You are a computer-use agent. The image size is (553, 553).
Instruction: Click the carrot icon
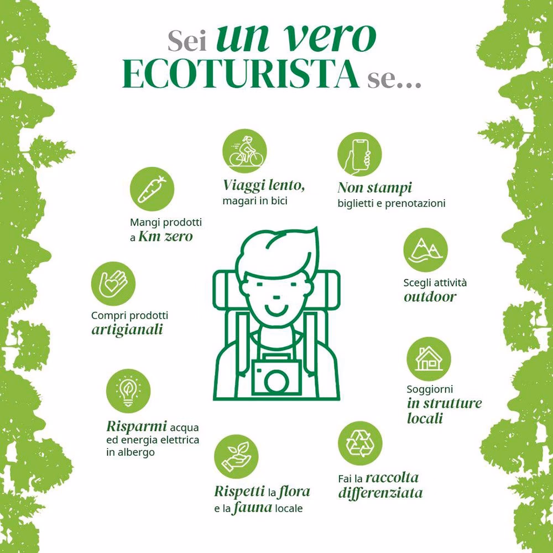coord(152,190)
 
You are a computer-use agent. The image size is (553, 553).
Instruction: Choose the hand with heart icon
coord(113,283)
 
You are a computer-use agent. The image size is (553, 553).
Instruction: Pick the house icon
coord(429,358)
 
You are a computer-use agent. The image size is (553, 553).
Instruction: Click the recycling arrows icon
coord(360,442)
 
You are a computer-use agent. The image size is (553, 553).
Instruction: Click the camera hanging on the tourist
coord(276,377)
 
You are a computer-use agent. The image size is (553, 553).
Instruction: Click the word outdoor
coord(430,296)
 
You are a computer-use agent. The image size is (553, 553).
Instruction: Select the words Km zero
coord(165,237)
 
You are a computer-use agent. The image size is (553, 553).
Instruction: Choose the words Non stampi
coord(374,187)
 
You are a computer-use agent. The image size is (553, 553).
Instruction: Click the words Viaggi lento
coord(264,185)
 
